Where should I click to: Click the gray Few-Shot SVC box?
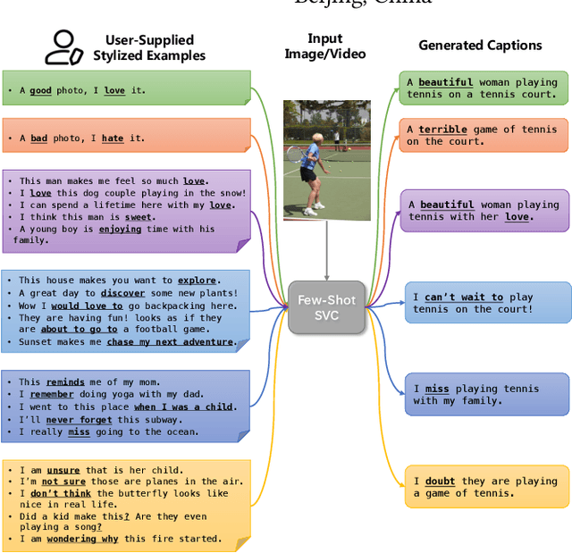326,308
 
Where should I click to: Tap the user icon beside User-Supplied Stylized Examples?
64,47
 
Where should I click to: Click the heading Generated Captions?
480,46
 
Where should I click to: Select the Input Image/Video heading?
325,46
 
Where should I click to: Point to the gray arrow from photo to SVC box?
327,251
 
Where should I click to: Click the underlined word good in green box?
40,90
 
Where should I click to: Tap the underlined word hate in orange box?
113,138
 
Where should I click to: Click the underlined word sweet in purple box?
139,217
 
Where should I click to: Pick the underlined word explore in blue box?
197,281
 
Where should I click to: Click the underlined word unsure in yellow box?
63,470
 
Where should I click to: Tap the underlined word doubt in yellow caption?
440,482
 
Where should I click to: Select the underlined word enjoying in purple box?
120,230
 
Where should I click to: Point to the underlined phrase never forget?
73,420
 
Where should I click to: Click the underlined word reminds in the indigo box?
65,382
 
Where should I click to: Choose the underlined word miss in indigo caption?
437,390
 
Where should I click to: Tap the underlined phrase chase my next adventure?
171,342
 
